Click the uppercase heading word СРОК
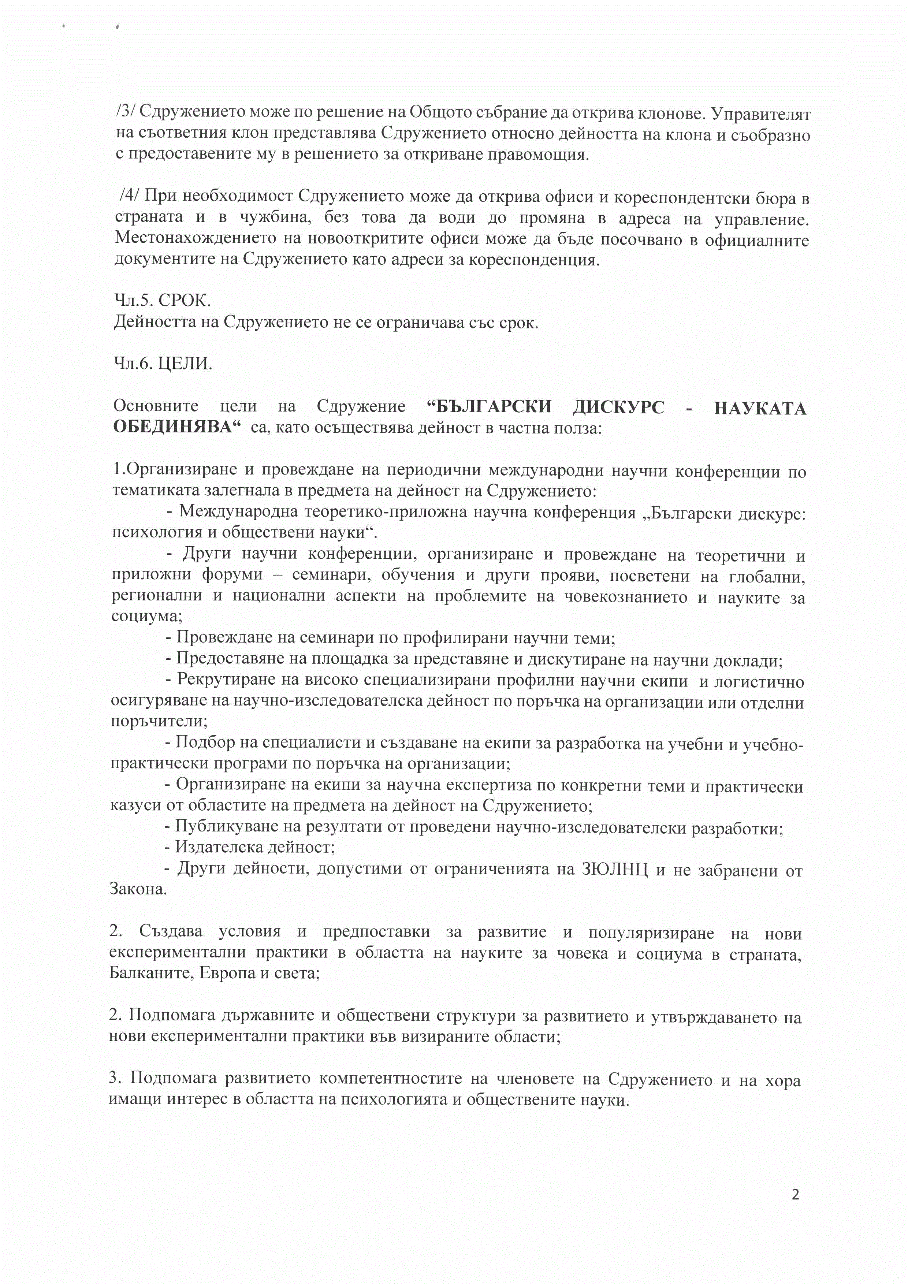[x=185, y=301]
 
